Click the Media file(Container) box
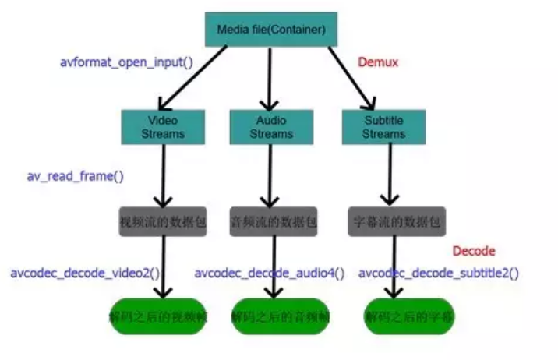(x=267, y=30)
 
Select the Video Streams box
(x=163, y=127)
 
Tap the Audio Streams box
(x=270, y=127)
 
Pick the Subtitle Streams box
(x=383, y=127)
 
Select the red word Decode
(x=474, y=251)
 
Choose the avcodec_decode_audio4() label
(x=269, y=274)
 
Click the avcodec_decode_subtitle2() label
(x=439, y=274)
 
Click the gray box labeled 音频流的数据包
(x=274, y=221)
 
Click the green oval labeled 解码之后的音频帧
(x=272, y=317)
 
